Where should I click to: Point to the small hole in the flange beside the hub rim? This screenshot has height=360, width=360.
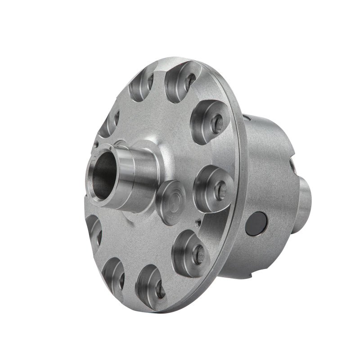click(x=96, y=145)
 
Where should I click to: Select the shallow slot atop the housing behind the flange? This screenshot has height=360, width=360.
click(x=247, y=118)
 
